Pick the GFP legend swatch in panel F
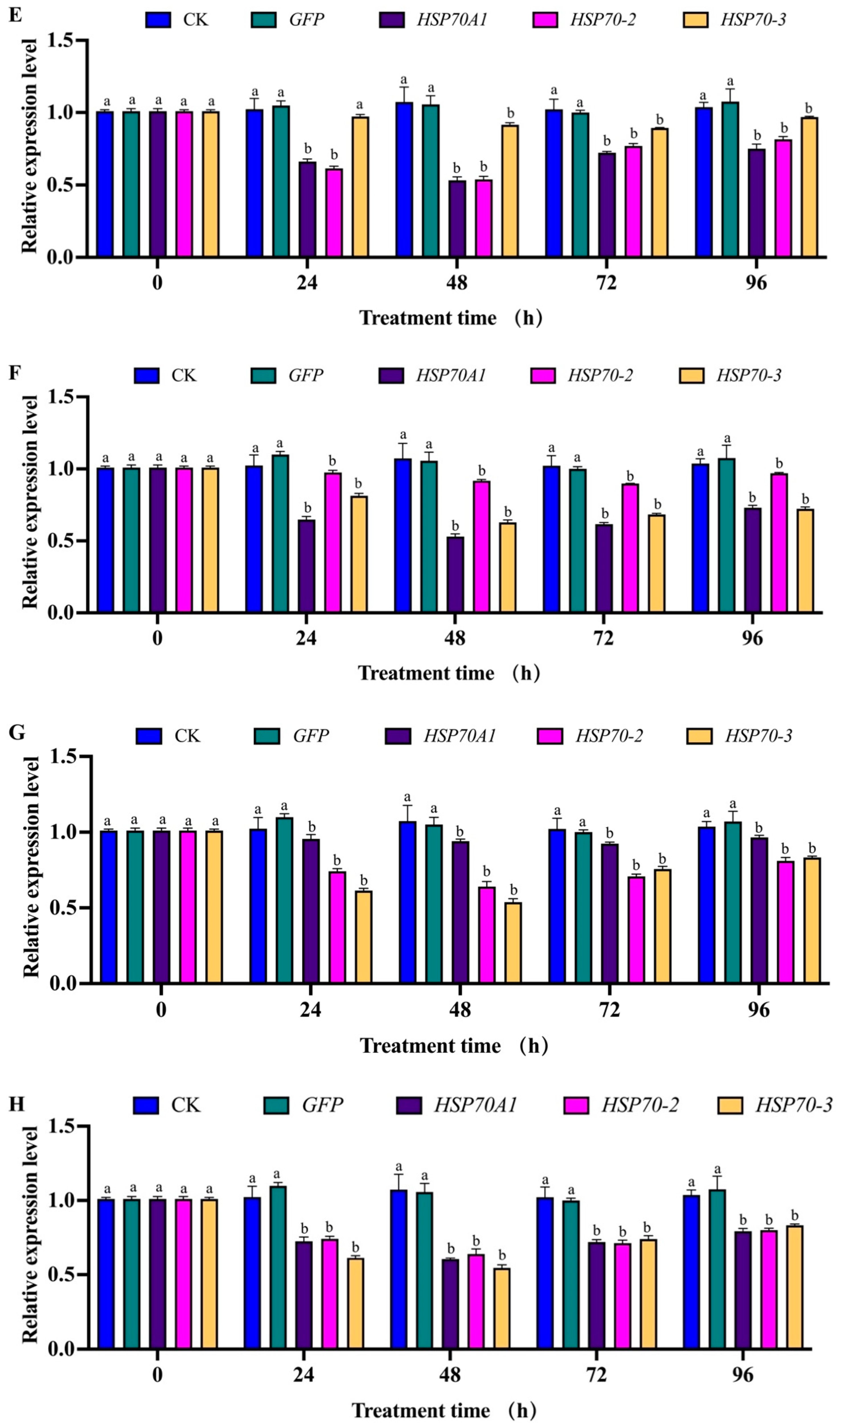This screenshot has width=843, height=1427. coord(263,375)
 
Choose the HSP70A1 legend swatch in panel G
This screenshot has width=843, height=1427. coord(398,736)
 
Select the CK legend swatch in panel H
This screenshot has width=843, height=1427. coord(146,1105)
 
